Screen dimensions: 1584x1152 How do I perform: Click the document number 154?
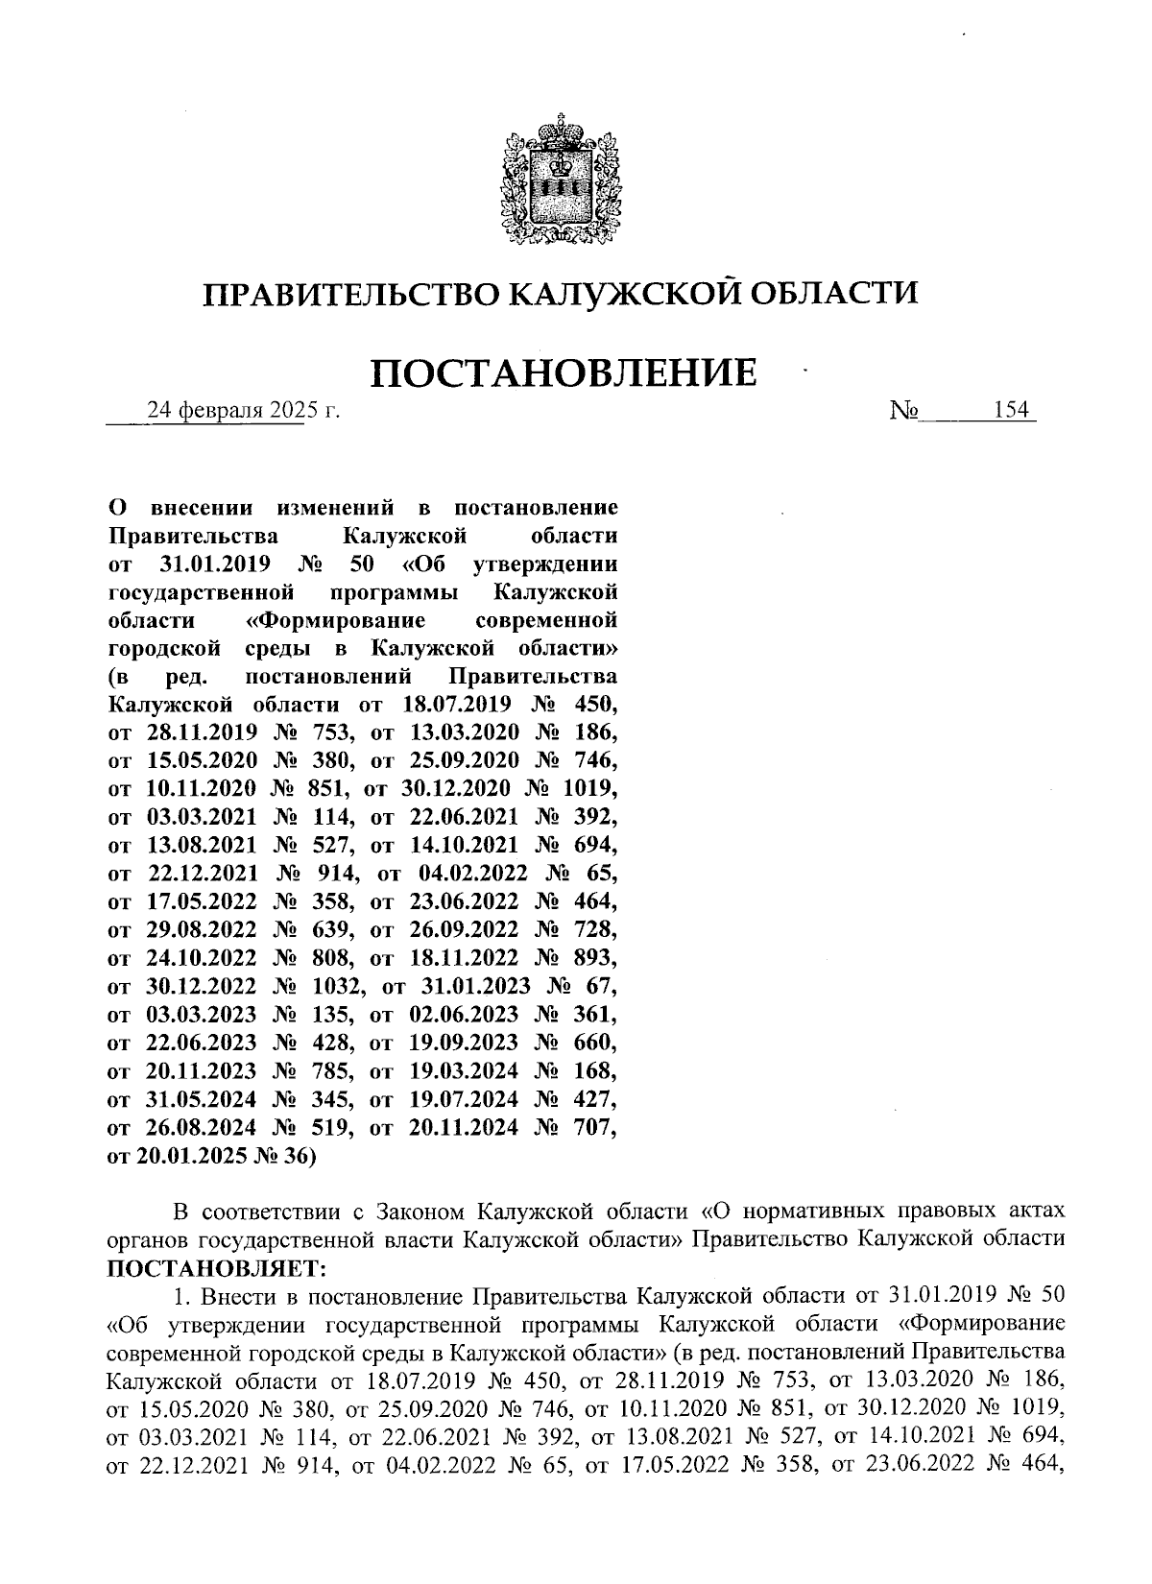(1011, 411)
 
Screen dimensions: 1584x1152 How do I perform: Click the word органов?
(145, 1239)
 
